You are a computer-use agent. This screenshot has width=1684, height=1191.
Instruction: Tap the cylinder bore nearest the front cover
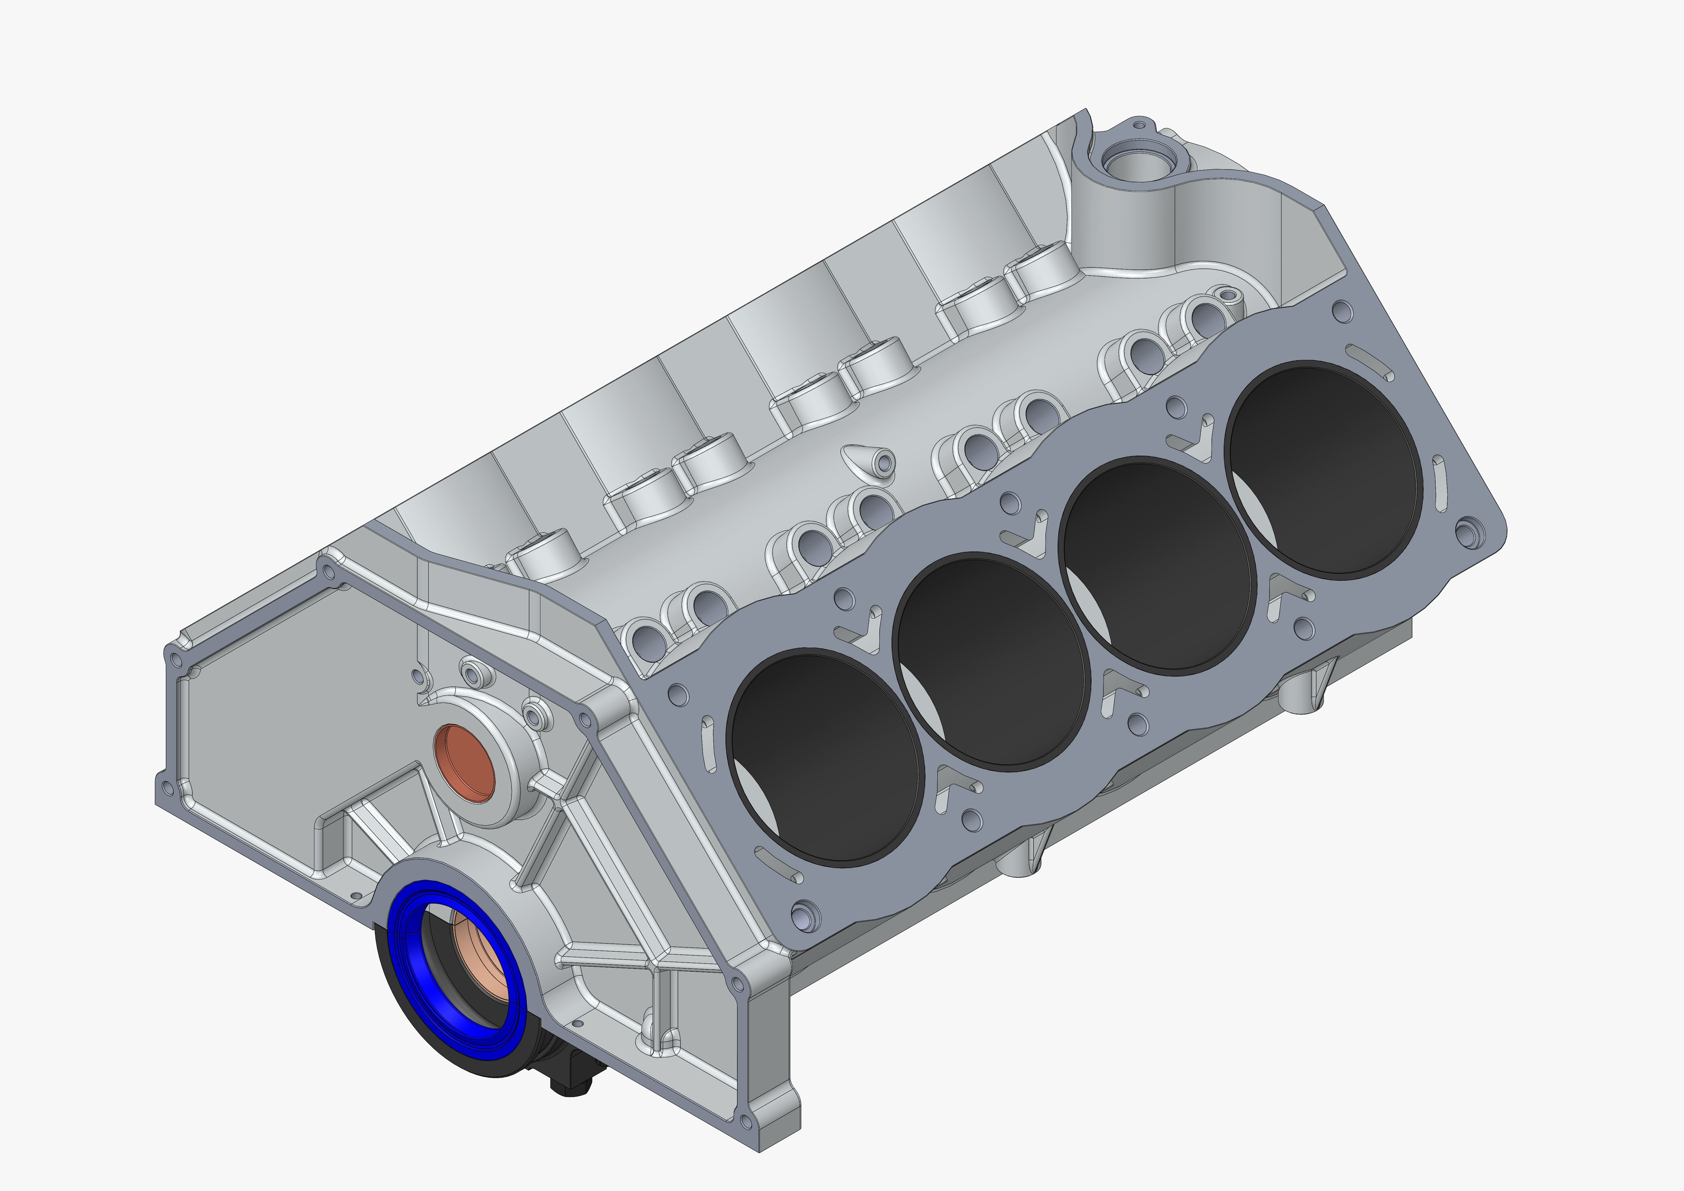click(x=825, y=756)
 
